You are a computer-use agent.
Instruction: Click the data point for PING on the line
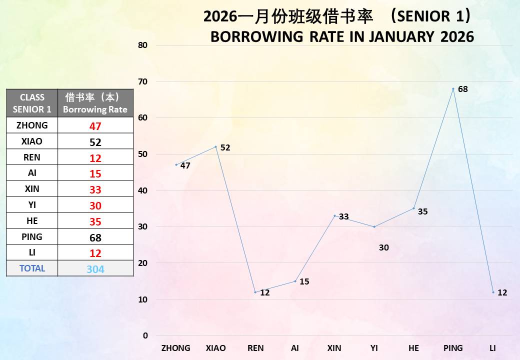click(453, 89)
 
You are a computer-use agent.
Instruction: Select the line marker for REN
click(255, 292)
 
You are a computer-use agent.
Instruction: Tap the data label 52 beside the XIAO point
click(225, 148)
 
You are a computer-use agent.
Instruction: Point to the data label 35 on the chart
click(422, 211)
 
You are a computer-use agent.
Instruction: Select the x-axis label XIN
click(334, 348)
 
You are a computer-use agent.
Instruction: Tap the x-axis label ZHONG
click(175, 348)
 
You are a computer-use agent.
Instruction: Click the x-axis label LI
click(492, 348)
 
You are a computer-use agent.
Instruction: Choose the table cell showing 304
click(95, 269)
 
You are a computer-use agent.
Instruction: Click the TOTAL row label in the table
click(32, 268)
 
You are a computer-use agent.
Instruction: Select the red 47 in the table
click(95, 126)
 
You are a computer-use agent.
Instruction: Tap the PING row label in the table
click(32, 236)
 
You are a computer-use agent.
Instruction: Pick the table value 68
click(95, 237)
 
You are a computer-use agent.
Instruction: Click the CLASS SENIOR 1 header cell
click(32, 103)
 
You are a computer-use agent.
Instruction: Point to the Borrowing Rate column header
click(95, 103)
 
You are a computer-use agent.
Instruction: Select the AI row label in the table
click(32, 173)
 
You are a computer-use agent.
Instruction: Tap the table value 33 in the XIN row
click(95, 190)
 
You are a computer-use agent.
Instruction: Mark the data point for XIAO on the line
click(215, 146)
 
